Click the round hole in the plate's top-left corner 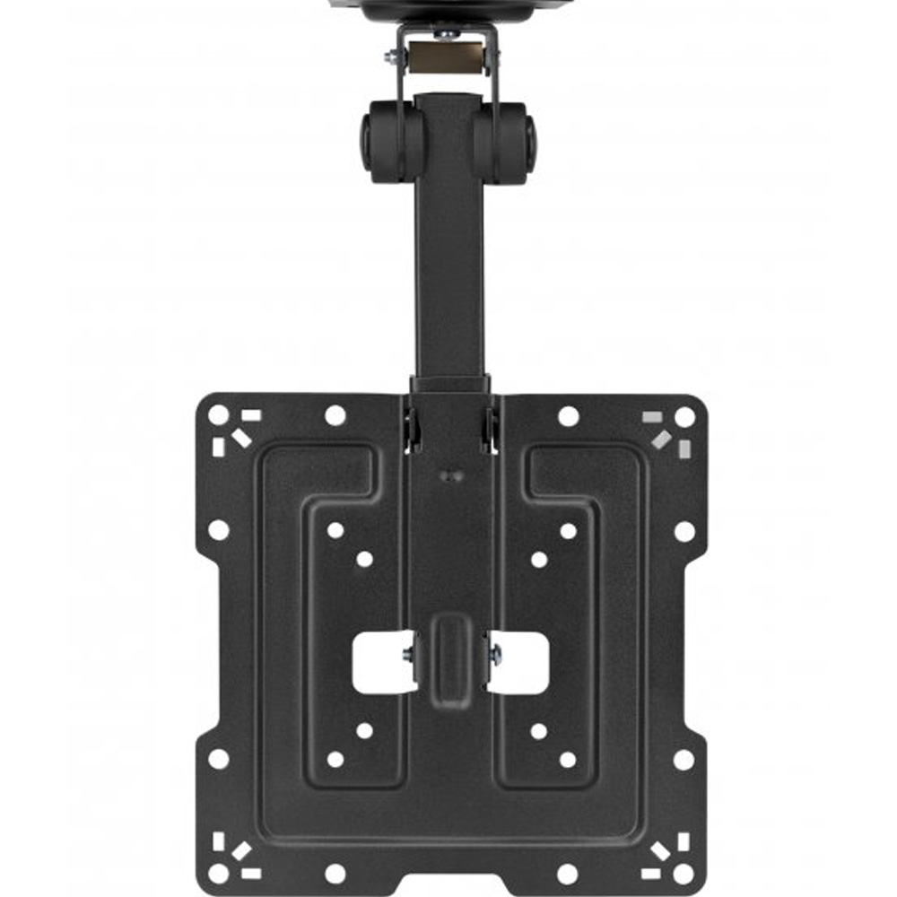[x=218, y=415]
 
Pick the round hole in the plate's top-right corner [x=684, y=416]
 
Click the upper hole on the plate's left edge [x=218, y=530]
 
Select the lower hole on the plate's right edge [x=684, y=760]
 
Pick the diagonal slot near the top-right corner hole [x=662, y=438]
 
